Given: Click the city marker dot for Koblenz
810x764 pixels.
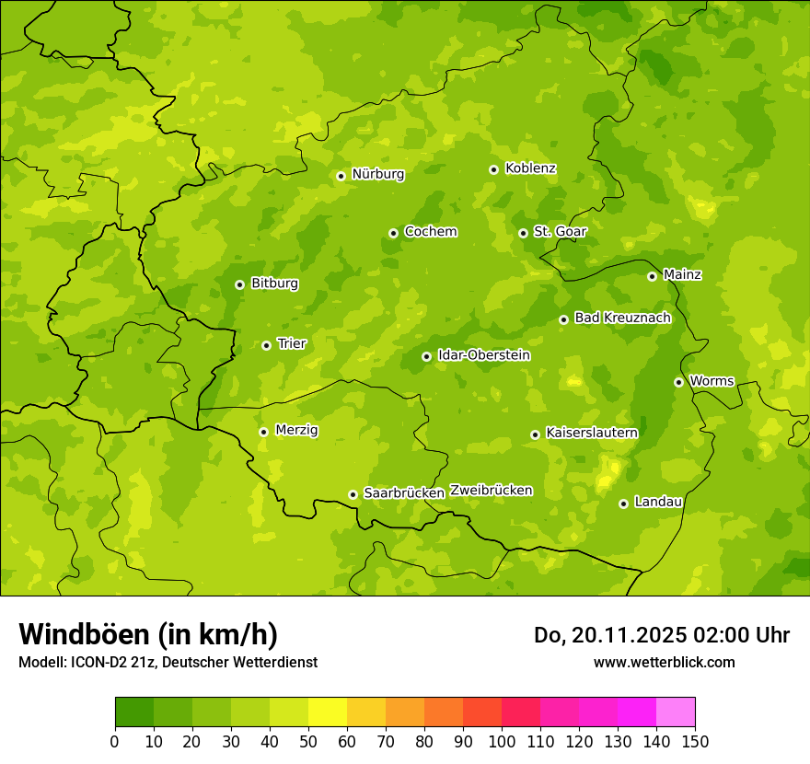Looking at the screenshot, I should click(494, 169).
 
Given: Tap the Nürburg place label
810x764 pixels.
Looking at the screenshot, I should click(377, 174).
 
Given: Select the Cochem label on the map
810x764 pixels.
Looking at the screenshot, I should click(430, 232).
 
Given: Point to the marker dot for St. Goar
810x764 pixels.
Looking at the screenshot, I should click(523, 233).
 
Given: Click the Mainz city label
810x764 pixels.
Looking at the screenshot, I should click(682, 275).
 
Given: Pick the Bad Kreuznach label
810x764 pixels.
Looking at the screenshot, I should click(622, 318).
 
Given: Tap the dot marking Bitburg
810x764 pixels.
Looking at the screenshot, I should click(239, 284).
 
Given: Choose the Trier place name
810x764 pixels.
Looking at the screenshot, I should click(291, 344).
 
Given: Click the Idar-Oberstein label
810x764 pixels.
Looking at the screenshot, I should click(483, 355).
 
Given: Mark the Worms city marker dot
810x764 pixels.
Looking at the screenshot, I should click(678, 382).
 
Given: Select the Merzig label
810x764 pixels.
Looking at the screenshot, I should click(296, 431).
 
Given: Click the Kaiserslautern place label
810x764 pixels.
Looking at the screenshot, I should click(591, 433).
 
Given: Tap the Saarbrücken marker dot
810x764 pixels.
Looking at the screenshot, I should click(353, 494).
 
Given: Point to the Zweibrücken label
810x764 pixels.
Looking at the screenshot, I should click(491, 491).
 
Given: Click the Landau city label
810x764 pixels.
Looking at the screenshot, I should click(658, 503).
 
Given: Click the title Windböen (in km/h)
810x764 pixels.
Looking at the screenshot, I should click(148, 635).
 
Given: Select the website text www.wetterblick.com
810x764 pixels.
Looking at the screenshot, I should click(664, 663).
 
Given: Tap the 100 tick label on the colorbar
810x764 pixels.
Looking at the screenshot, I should click(502, 741).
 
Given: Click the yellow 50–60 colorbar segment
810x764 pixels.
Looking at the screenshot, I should click(328, 712).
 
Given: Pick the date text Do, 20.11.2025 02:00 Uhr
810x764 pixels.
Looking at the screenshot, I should click(662, 635).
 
